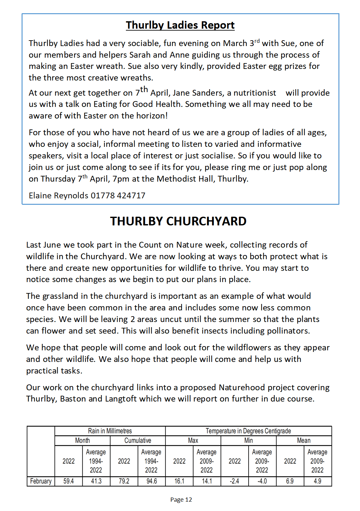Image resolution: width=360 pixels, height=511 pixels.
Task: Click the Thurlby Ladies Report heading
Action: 180,25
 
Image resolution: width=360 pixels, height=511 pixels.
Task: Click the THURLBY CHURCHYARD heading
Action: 178,221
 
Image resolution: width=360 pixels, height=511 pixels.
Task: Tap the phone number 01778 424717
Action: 118,195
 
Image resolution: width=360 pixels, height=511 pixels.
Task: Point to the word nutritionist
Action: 255,93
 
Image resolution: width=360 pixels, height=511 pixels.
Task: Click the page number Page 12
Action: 181,499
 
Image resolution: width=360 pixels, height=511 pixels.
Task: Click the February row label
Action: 41,481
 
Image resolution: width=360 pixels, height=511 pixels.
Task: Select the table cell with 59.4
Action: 69,481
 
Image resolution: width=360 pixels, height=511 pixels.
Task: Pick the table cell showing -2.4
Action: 234,481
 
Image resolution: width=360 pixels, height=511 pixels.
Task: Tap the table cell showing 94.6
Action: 152,481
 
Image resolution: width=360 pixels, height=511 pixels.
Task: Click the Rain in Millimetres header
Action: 110,431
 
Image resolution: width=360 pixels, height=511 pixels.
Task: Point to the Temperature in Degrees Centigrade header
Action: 248,431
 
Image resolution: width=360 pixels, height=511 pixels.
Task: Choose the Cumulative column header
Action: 138,440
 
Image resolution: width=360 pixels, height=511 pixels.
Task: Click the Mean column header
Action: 304,440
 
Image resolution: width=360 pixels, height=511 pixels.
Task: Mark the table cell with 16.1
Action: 179,481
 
